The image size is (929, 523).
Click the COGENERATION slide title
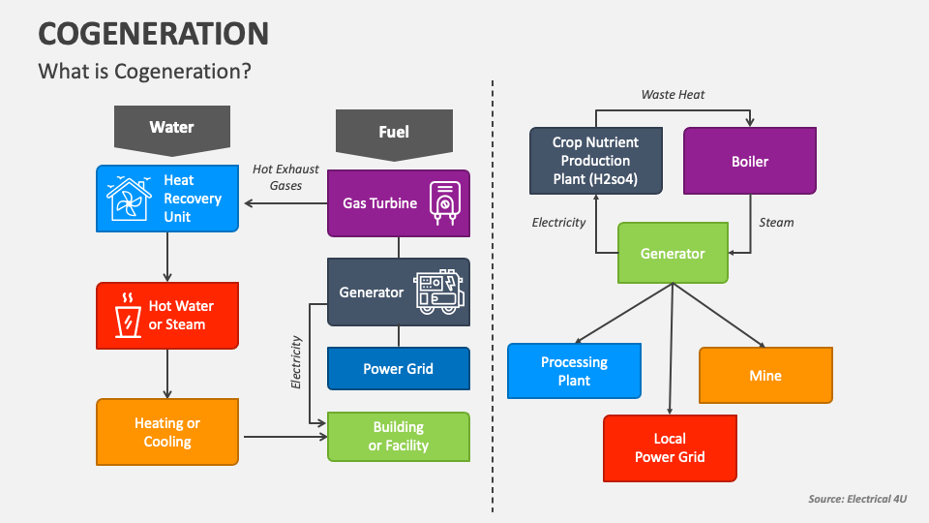pos(153,34)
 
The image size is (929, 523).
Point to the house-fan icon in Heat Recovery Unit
pos(129,199)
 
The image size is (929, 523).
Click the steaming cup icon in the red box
pos(127,316)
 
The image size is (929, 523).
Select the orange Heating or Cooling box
pos(167,432)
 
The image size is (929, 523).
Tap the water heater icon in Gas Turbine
pos(444,204)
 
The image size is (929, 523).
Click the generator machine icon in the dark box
pos(439,292)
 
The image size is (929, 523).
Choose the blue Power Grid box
pos(398,369)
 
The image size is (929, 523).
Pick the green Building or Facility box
pos(398,437)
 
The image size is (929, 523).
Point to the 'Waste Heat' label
pos(673,95)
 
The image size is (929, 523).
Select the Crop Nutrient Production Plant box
pos(596,161)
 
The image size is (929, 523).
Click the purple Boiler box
pos(750,161)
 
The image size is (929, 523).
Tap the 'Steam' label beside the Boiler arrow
pos(776,223)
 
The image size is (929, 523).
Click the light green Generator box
pos(673,253)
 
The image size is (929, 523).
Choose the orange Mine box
pos(765,375)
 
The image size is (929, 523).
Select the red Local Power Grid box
pos(670,448)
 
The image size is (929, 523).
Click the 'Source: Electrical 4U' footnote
pos(857,499)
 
